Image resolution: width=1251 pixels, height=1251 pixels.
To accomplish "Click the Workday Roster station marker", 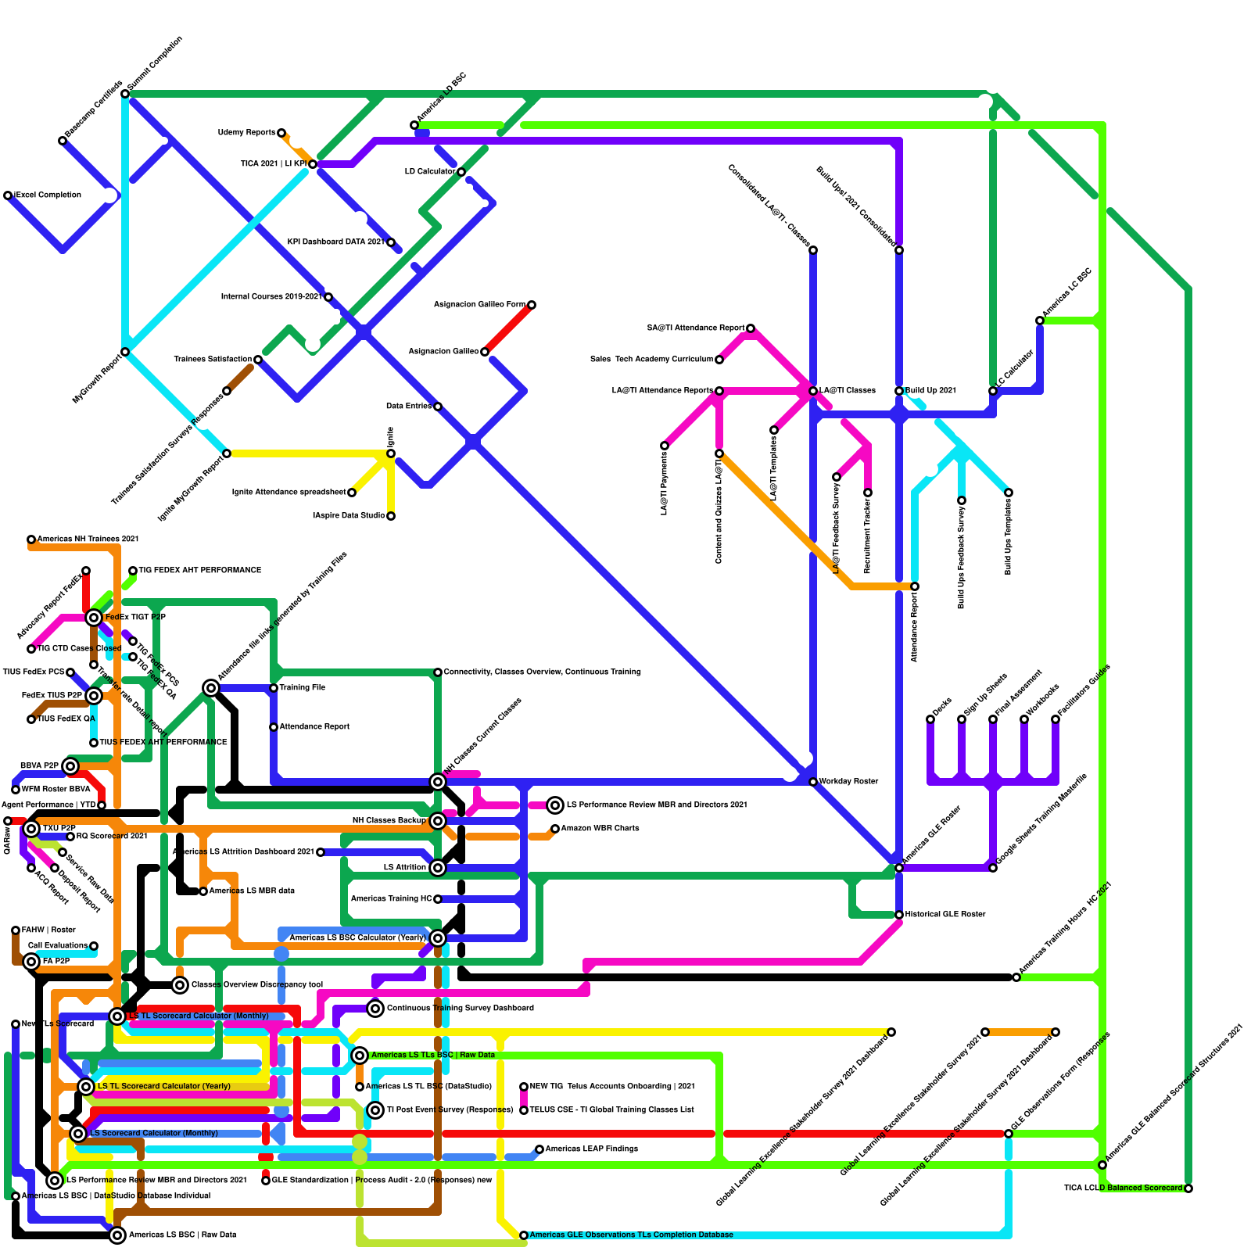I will click(x=813, y=782).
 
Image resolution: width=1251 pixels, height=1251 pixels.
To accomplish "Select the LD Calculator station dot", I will click(x=461, y=172).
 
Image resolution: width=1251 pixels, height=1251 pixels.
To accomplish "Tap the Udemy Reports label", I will click(x=246, y=133).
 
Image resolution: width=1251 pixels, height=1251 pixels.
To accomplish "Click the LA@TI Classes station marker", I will click(x=813, y=391).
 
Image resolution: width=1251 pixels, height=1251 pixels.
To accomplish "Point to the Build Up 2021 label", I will click(x=930, y=391).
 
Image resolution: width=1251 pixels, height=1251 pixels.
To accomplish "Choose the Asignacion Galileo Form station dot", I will click(x=532, y=305).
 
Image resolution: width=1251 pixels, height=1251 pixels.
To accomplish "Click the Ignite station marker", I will click(x=391, y=453).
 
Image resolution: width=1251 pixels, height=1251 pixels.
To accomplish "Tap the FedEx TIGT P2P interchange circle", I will click(x=94, y=618).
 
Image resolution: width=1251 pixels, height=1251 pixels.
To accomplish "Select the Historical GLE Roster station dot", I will click(x=899, y=915).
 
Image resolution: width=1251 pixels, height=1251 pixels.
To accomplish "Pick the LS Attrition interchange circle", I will click(x=438, y=868).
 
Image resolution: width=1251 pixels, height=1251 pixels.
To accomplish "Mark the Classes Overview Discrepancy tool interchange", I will click(x=180, y=985).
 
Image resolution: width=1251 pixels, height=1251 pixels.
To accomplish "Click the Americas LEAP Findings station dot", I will click(x=539, y=1149).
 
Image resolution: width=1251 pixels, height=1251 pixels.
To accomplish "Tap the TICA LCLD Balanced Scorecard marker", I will click(x=1188, y=1188).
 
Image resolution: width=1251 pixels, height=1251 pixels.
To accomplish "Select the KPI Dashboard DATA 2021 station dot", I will click(x=391, y=242).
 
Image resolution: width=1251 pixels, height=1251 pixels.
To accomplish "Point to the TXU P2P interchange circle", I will click(x=31, y=829).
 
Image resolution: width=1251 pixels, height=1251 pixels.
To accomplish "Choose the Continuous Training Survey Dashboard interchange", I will click(x=375, y=1009).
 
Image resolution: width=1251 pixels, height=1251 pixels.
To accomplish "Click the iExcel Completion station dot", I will click(x=8, y=195).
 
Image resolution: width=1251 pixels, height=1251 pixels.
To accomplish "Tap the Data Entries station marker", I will click(x=438, y=407).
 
